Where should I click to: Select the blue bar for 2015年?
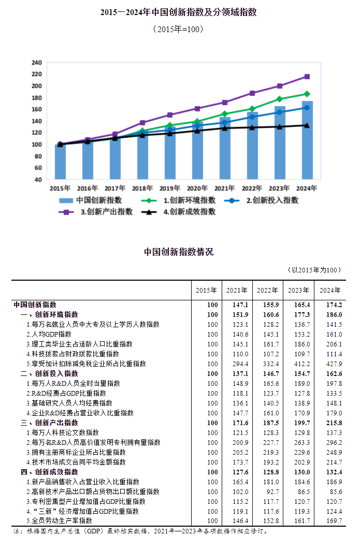click(60, 162)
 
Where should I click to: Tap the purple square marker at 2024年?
click(307, 77)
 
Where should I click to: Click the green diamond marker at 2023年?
click(280, 99)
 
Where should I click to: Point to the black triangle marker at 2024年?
click(307, 125)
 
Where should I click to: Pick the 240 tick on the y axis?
click(36, 63)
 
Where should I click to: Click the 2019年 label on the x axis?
click(169, 189)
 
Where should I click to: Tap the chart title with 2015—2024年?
click(179, 12)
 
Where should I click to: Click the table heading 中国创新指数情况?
click(179, 252)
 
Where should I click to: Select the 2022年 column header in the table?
click(267, 290)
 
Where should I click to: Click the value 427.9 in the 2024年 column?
click(333, 364)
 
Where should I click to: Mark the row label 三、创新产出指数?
click(50, 423)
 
